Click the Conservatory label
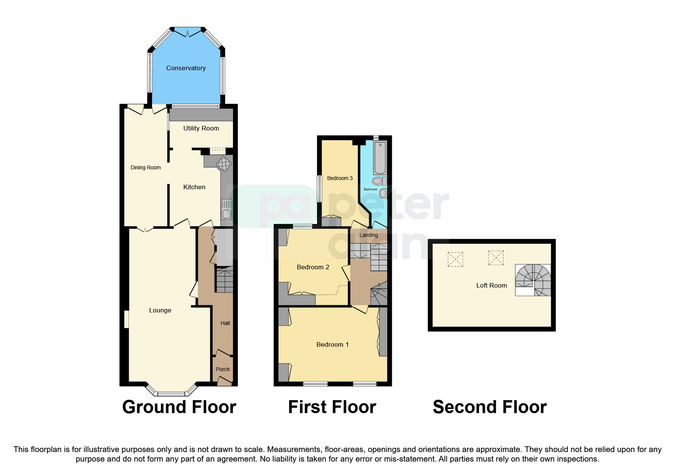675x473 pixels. tap(186, 68)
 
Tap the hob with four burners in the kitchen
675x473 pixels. tap(224, 164)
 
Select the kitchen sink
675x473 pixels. tap(226, 209)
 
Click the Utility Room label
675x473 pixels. tap(201, 129)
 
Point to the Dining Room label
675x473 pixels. tap(146, 168)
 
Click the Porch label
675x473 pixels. tap(223, 369)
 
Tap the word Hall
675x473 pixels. tap(225, 323)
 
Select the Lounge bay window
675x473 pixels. tap(171, 392)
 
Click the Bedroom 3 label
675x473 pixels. tap(340, 178)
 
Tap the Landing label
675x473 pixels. tap(369, 235)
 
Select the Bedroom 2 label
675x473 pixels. tap(313, 267)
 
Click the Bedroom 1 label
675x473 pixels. tap(332, 345)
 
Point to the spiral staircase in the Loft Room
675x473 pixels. tap(533, 280)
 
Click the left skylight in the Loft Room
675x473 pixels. tap(455, 259)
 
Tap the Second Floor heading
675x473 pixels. tap(489, 407)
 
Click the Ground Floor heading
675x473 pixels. tap(179, 407)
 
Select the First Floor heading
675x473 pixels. tap(332, 407)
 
